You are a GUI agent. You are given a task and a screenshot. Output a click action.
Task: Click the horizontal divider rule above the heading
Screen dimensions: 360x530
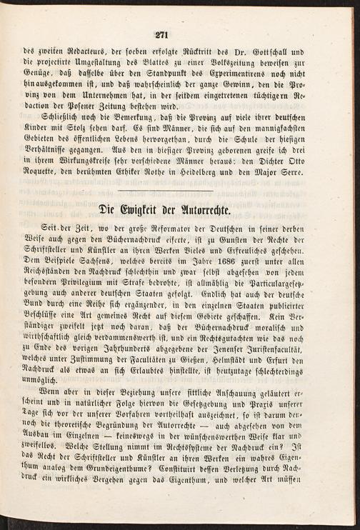pyautogui.click(x=179, y=192)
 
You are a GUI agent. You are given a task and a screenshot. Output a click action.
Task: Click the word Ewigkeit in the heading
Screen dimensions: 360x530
pyautogui.click(x=149, y=212)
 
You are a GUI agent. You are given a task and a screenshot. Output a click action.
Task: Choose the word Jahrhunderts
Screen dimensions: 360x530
pyautogui.click(x=118, y=360)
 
